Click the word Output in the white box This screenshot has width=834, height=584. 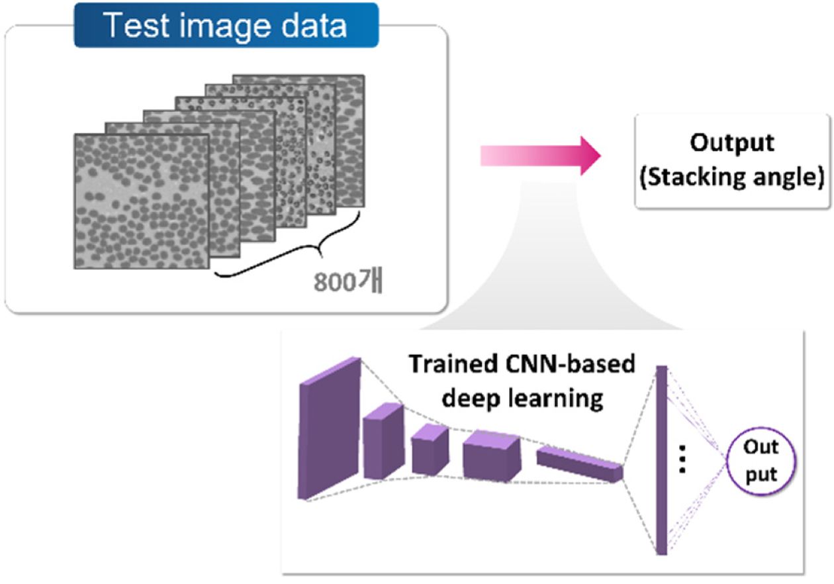[731, 144]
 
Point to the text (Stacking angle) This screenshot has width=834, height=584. [731, 178]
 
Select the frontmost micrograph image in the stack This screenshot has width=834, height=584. [141, 201]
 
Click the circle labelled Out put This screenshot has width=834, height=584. [761, 461]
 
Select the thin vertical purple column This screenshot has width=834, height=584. [661, 460]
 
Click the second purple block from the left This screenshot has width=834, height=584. [383, 441]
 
